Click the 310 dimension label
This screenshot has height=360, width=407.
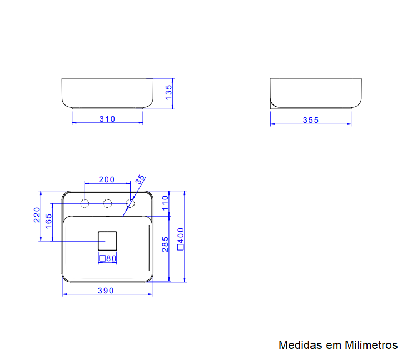point(107,118)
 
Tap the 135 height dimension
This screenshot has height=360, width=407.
point(169,92)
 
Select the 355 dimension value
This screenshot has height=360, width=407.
point(311,120)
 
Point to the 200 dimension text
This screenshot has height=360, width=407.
point(106,179)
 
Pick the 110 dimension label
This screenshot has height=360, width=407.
point(165,204)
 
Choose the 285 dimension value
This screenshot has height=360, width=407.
point(165,244)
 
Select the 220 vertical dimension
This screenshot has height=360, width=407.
point(37,214)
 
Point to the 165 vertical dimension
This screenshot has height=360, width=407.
point(48,222)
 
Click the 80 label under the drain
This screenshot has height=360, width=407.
point(111,258)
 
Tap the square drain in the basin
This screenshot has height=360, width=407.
point(108,241)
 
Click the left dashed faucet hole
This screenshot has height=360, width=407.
point(85,203)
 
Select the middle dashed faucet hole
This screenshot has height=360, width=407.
point(108,203)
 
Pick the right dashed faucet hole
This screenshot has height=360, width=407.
point(131,203)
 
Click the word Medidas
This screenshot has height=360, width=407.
point(301,345)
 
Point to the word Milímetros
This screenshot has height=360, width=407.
point(371,345)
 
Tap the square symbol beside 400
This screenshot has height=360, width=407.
point(180,248)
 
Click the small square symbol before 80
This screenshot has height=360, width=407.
point(102,258)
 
